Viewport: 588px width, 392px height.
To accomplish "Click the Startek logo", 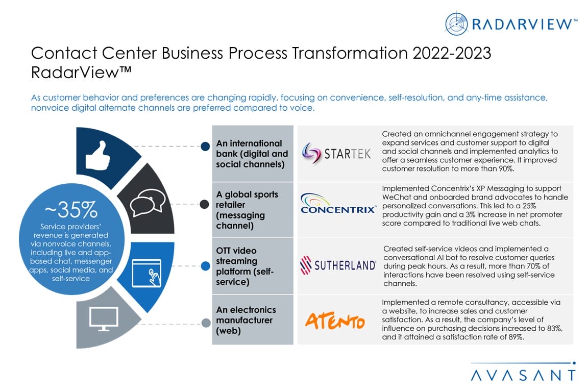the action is [x=336, y=154].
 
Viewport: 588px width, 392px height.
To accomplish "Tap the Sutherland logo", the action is [x=338, y=265].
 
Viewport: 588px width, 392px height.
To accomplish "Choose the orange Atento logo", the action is [x=335, y=321].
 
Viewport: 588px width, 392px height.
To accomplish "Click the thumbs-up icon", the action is [x=97, y=156].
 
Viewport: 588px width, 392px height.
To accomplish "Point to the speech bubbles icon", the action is [x=148, y=202].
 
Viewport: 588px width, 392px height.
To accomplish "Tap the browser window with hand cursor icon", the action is [x=146, y=273].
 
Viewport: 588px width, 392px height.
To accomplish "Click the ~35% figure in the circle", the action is [x=71, y=210].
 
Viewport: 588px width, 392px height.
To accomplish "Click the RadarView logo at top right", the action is [x=511, y=23].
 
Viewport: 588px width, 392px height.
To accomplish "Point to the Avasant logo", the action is [x=523, y=372].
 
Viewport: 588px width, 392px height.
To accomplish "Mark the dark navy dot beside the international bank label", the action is [x=205, y=146].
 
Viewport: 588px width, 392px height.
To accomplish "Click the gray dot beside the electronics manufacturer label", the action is [x=206, y=323].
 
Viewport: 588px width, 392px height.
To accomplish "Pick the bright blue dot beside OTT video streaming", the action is [x=206, y=266].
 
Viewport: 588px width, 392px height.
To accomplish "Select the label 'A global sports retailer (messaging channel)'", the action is [x=247, y=210].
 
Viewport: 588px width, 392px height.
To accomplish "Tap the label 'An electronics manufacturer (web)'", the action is [x=246, y=320].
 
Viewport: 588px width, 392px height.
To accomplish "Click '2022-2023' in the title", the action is [x=452, y=53].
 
